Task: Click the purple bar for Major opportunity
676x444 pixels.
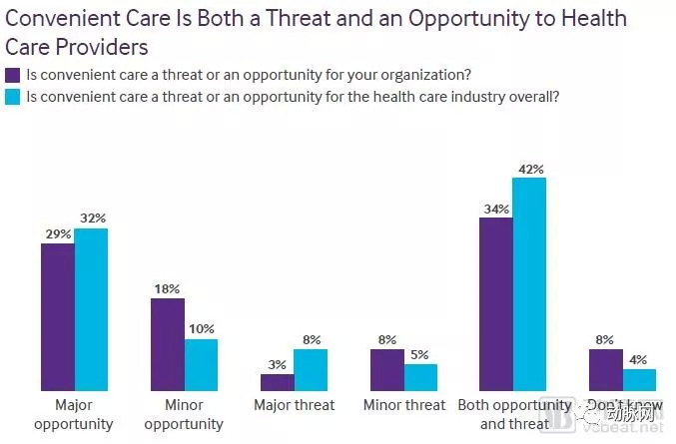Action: tap(58, 316)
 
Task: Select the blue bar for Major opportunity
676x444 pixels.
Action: tap(91, 309)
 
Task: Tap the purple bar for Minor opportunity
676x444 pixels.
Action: tap(168, 343)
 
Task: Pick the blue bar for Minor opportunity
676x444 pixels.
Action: tap(201, 364)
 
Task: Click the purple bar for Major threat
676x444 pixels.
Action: tap(278, 382)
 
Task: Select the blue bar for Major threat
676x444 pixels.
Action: tap(311, 369)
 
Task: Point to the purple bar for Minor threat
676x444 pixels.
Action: tap(387, 369)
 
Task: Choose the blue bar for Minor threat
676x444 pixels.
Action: tap(420, 377)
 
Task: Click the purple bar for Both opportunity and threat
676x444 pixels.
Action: tap(496, 303)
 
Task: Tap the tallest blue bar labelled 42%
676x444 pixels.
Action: tap(529, 283)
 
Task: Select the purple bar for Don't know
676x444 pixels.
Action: tap(606, 369)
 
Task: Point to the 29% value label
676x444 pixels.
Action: tap(57, 233)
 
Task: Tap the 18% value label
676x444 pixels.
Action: tap(167, 288)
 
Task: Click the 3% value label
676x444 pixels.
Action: tap(277, 365)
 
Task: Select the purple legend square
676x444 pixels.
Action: tap(13, 74)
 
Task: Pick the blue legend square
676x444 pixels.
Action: tap(13, 97)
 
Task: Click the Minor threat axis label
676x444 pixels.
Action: tap(404, 406)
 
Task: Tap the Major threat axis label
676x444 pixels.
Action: tap(295, 406)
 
